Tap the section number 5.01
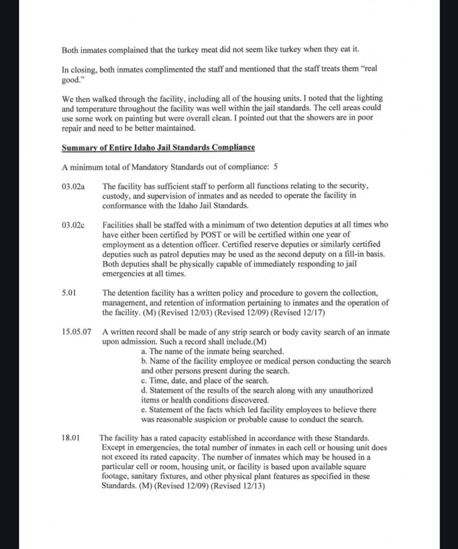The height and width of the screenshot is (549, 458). click(x=70, y=292)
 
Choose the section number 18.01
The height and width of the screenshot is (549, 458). click(x=71, y=437)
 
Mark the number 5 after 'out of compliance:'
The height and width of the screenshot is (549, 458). click(x=275, y=167)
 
